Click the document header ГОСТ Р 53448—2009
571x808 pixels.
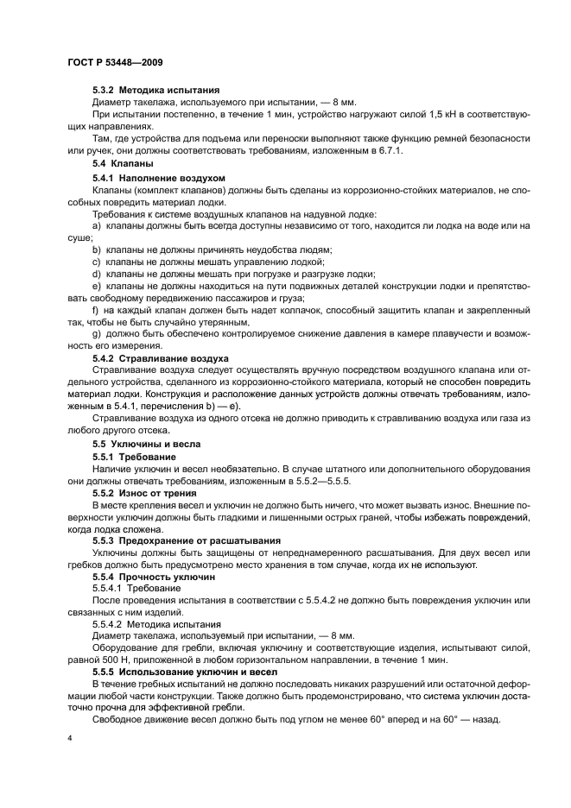coord(114,63)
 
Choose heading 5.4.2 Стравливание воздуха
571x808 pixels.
coord(160,357)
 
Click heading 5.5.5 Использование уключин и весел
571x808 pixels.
coord(179,671)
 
